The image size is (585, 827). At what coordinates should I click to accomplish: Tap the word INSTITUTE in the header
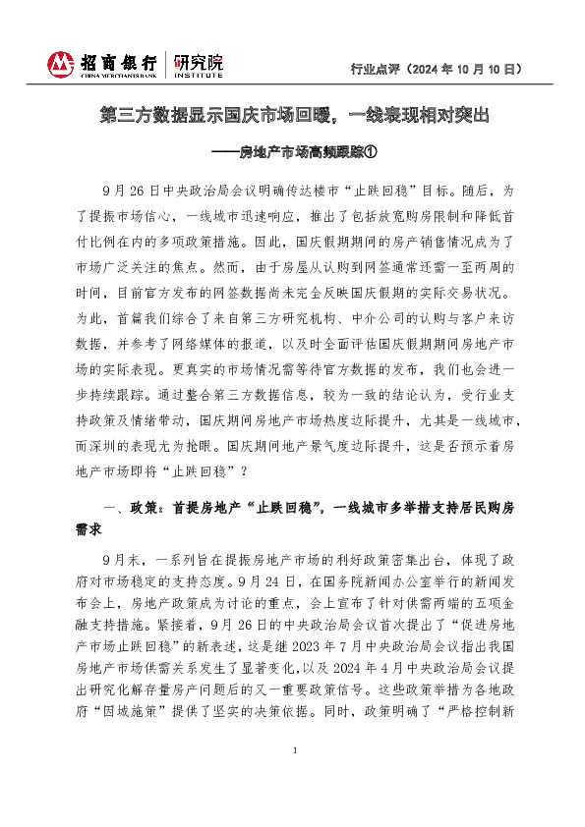[x=198, y=75]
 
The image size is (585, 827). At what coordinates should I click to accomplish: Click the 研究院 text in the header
[x=198, y=60]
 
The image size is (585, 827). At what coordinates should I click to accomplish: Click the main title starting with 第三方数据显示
[x=294, y=115]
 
